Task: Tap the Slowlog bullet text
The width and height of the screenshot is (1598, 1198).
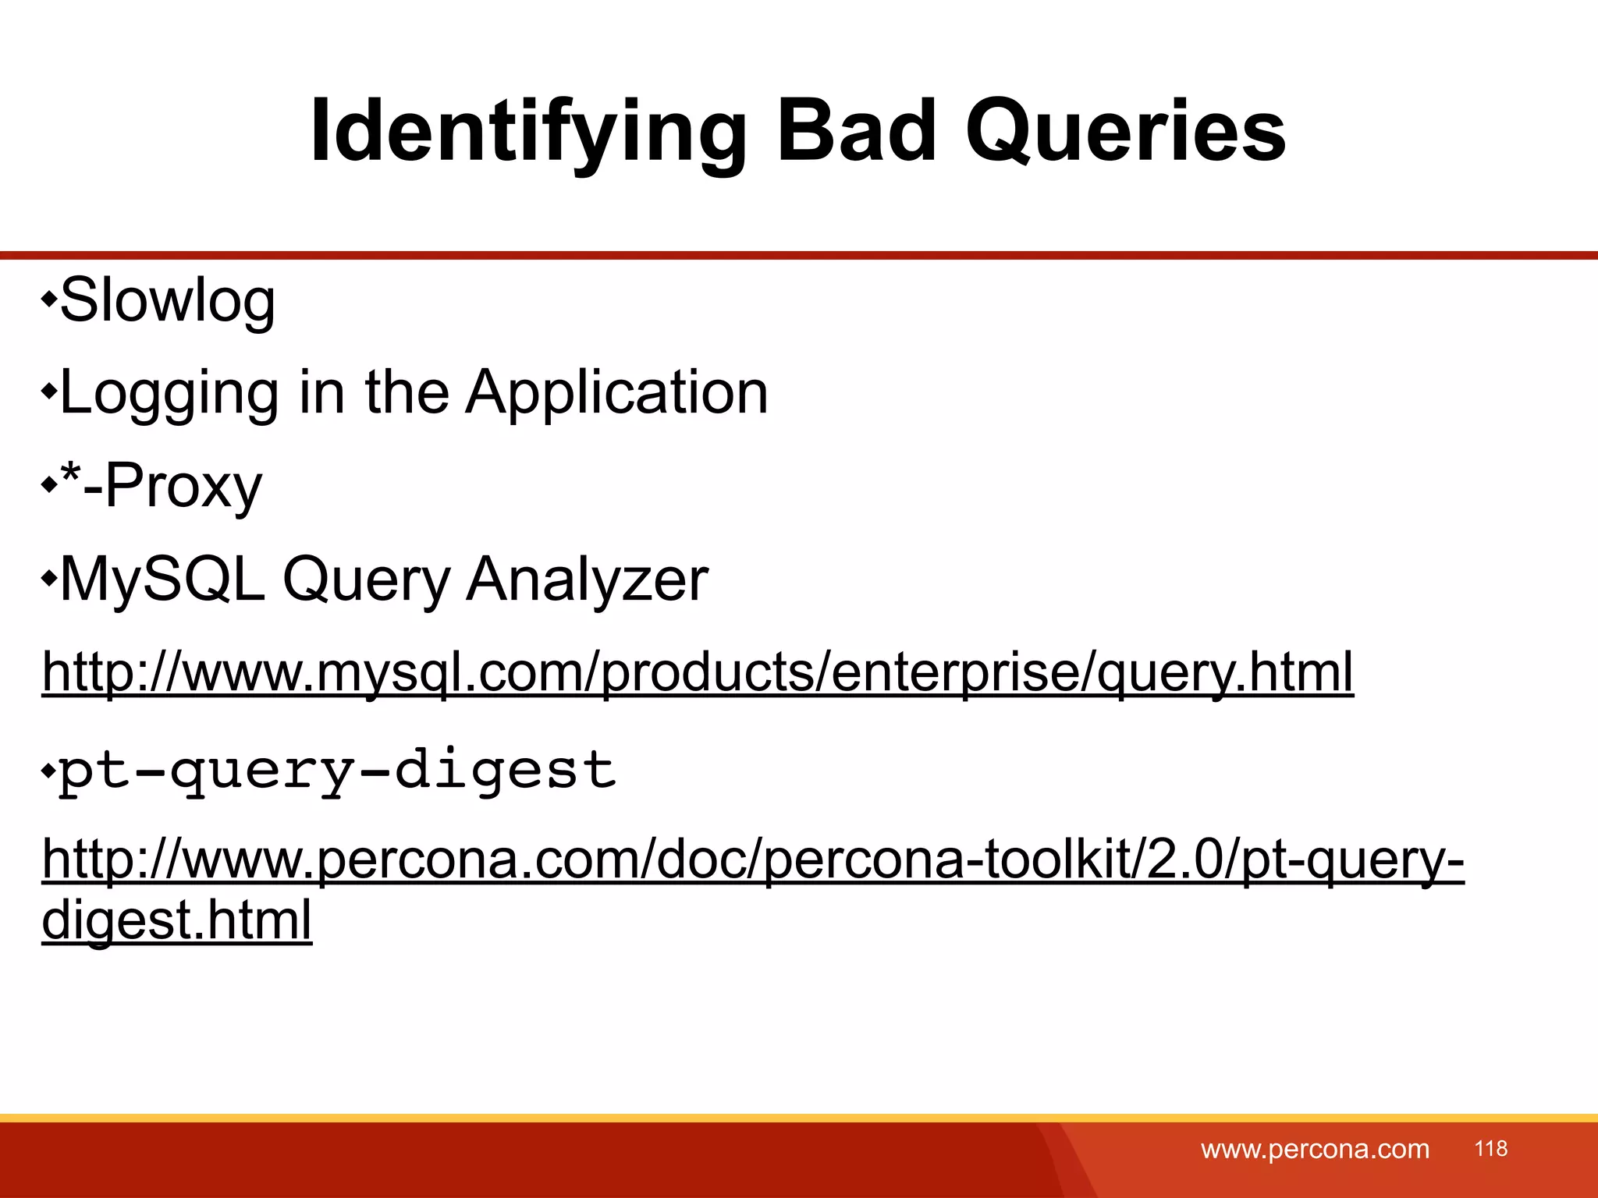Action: point(167,300)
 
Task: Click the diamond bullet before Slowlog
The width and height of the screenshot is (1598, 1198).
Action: point(49,299)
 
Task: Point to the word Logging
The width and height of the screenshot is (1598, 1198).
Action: point(169,392)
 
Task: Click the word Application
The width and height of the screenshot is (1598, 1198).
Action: point(616,392)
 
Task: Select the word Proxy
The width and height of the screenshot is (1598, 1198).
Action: point(183,486)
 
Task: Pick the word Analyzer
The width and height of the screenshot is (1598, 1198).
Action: point(587,580)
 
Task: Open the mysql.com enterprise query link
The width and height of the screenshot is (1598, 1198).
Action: point(698,672)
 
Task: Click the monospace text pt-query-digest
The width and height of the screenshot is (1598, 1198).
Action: point(337,771)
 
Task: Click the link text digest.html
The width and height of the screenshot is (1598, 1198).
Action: point(176,920)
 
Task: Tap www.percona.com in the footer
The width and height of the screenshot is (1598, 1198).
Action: point(1315,1149)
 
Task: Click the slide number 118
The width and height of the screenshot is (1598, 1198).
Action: point(1490,1148)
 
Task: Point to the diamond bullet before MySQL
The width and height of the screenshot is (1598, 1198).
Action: point(49,579)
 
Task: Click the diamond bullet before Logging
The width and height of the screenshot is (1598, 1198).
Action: point(49,391)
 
